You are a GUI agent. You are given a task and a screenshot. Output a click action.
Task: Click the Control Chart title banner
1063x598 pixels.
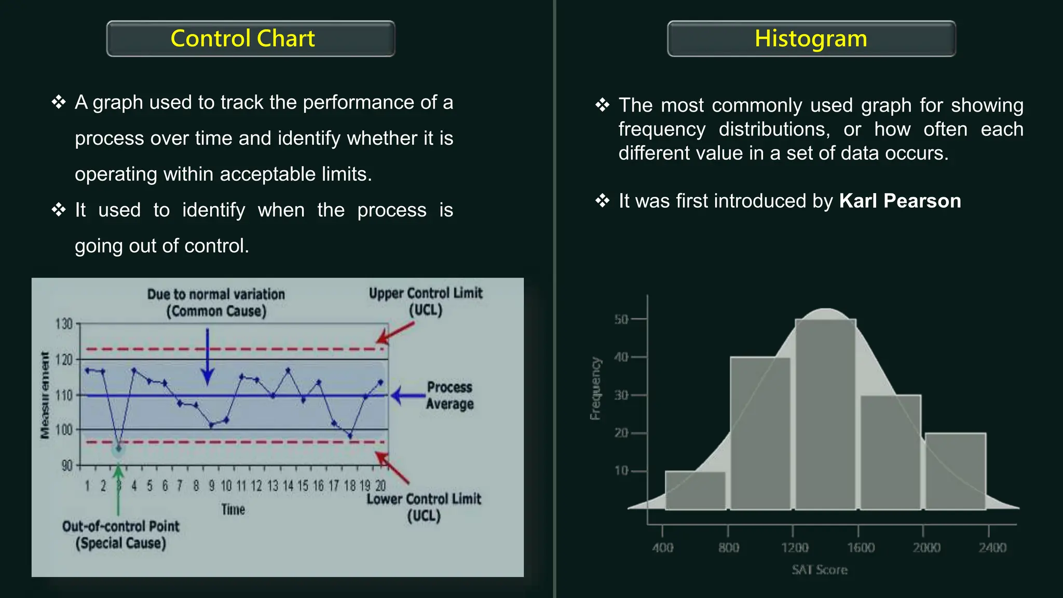(250, 39)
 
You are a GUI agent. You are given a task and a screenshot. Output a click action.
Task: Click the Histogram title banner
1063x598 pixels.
(811, 39)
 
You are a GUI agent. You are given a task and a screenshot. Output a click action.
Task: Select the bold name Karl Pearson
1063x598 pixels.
(900, 201)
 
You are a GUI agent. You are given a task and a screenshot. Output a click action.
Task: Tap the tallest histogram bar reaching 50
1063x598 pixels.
(825, 415)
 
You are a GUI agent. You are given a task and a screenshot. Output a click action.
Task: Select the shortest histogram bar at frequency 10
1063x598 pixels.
(695, 491)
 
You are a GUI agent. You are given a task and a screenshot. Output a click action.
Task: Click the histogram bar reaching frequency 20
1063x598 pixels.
(955, 471)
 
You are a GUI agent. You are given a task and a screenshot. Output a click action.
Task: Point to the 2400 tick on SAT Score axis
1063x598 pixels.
(992, 547)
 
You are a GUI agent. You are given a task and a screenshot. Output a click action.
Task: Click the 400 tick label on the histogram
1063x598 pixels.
(663, 547)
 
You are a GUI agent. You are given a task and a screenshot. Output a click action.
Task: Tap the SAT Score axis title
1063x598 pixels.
(820, 570)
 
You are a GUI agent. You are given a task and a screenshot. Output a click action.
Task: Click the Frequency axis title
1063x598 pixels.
(595, 388)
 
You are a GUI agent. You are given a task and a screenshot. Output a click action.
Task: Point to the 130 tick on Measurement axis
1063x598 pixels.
(64, 324)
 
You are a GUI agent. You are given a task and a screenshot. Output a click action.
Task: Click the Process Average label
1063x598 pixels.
(449, 396)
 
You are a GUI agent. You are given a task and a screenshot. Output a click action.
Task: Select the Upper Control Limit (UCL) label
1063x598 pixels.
(426, 302)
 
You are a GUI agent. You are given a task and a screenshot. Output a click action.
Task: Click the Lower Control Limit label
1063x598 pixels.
(424, 507)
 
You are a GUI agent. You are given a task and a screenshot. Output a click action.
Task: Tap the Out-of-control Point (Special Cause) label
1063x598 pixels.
(120, 535)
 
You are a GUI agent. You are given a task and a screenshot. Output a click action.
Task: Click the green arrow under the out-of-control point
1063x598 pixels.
(118, 488)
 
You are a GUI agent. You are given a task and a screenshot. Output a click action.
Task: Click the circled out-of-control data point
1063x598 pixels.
(119, 448)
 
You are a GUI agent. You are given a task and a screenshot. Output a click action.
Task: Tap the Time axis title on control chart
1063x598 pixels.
(233, 509)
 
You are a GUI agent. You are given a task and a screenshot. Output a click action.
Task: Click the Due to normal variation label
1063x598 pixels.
(216, 303)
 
